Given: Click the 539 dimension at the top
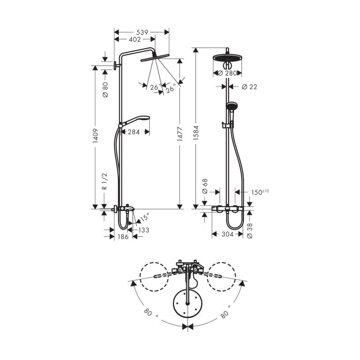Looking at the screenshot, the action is point(142,32).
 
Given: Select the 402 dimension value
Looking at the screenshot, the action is point(135,40).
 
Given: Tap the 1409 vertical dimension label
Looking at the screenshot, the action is point(95,136).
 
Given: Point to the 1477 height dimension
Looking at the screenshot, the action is point(180,134).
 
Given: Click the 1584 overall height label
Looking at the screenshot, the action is point(196,133).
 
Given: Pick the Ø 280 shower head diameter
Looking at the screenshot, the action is point(227,73).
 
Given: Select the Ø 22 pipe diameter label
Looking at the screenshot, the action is point(250,87).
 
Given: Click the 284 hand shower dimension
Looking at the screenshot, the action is point(134,132).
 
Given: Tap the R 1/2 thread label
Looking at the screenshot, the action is point(104,181).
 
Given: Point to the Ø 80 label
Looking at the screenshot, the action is point(105,90).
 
